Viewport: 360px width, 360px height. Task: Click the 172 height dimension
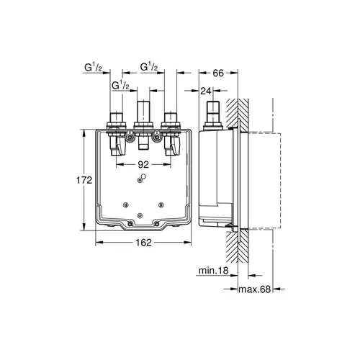click(85, 179)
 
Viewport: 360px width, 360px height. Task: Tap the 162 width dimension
click(144, 243)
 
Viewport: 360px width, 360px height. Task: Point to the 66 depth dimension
click(220, 73)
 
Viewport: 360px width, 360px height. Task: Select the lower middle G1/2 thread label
click(120, 86)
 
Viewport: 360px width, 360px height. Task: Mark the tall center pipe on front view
click(143, 115)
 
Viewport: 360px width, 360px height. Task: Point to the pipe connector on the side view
click(212, 114)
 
